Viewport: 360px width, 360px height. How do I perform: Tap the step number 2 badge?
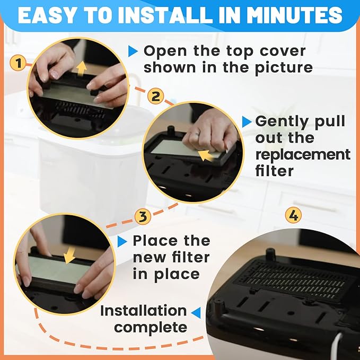click(155, 96)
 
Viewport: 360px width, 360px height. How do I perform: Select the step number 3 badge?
click(142, 216)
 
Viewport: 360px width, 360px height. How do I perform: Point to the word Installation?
click(144, 310)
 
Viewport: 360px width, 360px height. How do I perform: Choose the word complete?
click(151, 327)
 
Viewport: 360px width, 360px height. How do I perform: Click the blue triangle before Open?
click(133, 52)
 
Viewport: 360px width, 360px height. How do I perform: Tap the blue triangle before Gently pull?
click(247, 122)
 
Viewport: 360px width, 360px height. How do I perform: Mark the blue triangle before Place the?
click(122, 241)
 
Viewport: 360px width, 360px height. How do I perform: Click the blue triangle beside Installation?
click(196, 311)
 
